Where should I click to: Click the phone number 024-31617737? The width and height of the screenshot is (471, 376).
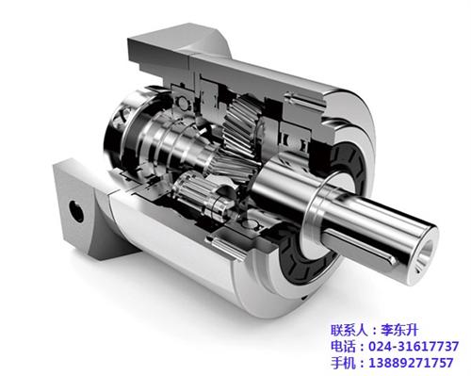(414, 347)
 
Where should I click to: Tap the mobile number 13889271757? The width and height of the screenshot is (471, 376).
(411, 363)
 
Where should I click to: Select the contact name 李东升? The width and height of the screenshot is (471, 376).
(399, 331)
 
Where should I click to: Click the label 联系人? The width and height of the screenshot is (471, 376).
(349, 331)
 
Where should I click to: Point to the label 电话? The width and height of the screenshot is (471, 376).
(343, 347)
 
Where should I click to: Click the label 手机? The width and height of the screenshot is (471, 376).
(343, 363)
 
